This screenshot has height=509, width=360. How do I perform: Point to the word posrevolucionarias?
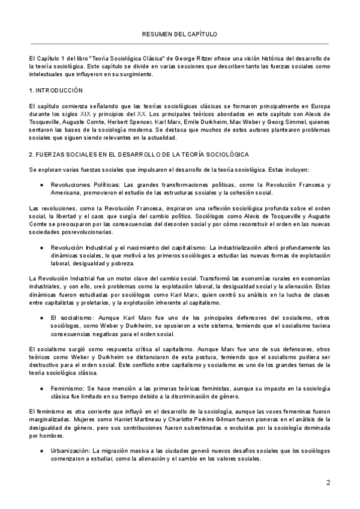click(x=87, y=231)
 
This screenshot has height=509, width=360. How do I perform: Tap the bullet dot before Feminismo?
click(x=41, y=372)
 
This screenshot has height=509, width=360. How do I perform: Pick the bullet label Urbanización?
click(x=70, y=450)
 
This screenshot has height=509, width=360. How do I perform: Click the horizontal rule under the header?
click(x=180, y=43)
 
